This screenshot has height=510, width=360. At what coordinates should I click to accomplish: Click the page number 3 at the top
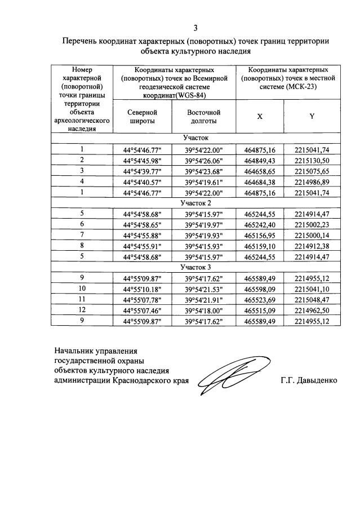tap(195, 28)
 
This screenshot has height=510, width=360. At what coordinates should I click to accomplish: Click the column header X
tap(259, 116)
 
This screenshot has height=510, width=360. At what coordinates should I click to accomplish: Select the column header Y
tap(311, 116)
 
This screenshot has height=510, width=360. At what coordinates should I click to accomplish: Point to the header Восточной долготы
tap(203, 116)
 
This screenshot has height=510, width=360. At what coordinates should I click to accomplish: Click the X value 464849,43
tap(260, 160)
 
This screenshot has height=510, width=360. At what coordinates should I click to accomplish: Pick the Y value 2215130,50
tap(311, 160)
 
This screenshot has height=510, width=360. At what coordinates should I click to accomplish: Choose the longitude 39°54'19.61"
tap(203, 181)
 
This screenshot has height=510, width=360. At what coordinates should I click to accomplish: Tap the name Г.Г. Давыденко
tap(309, 380)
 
